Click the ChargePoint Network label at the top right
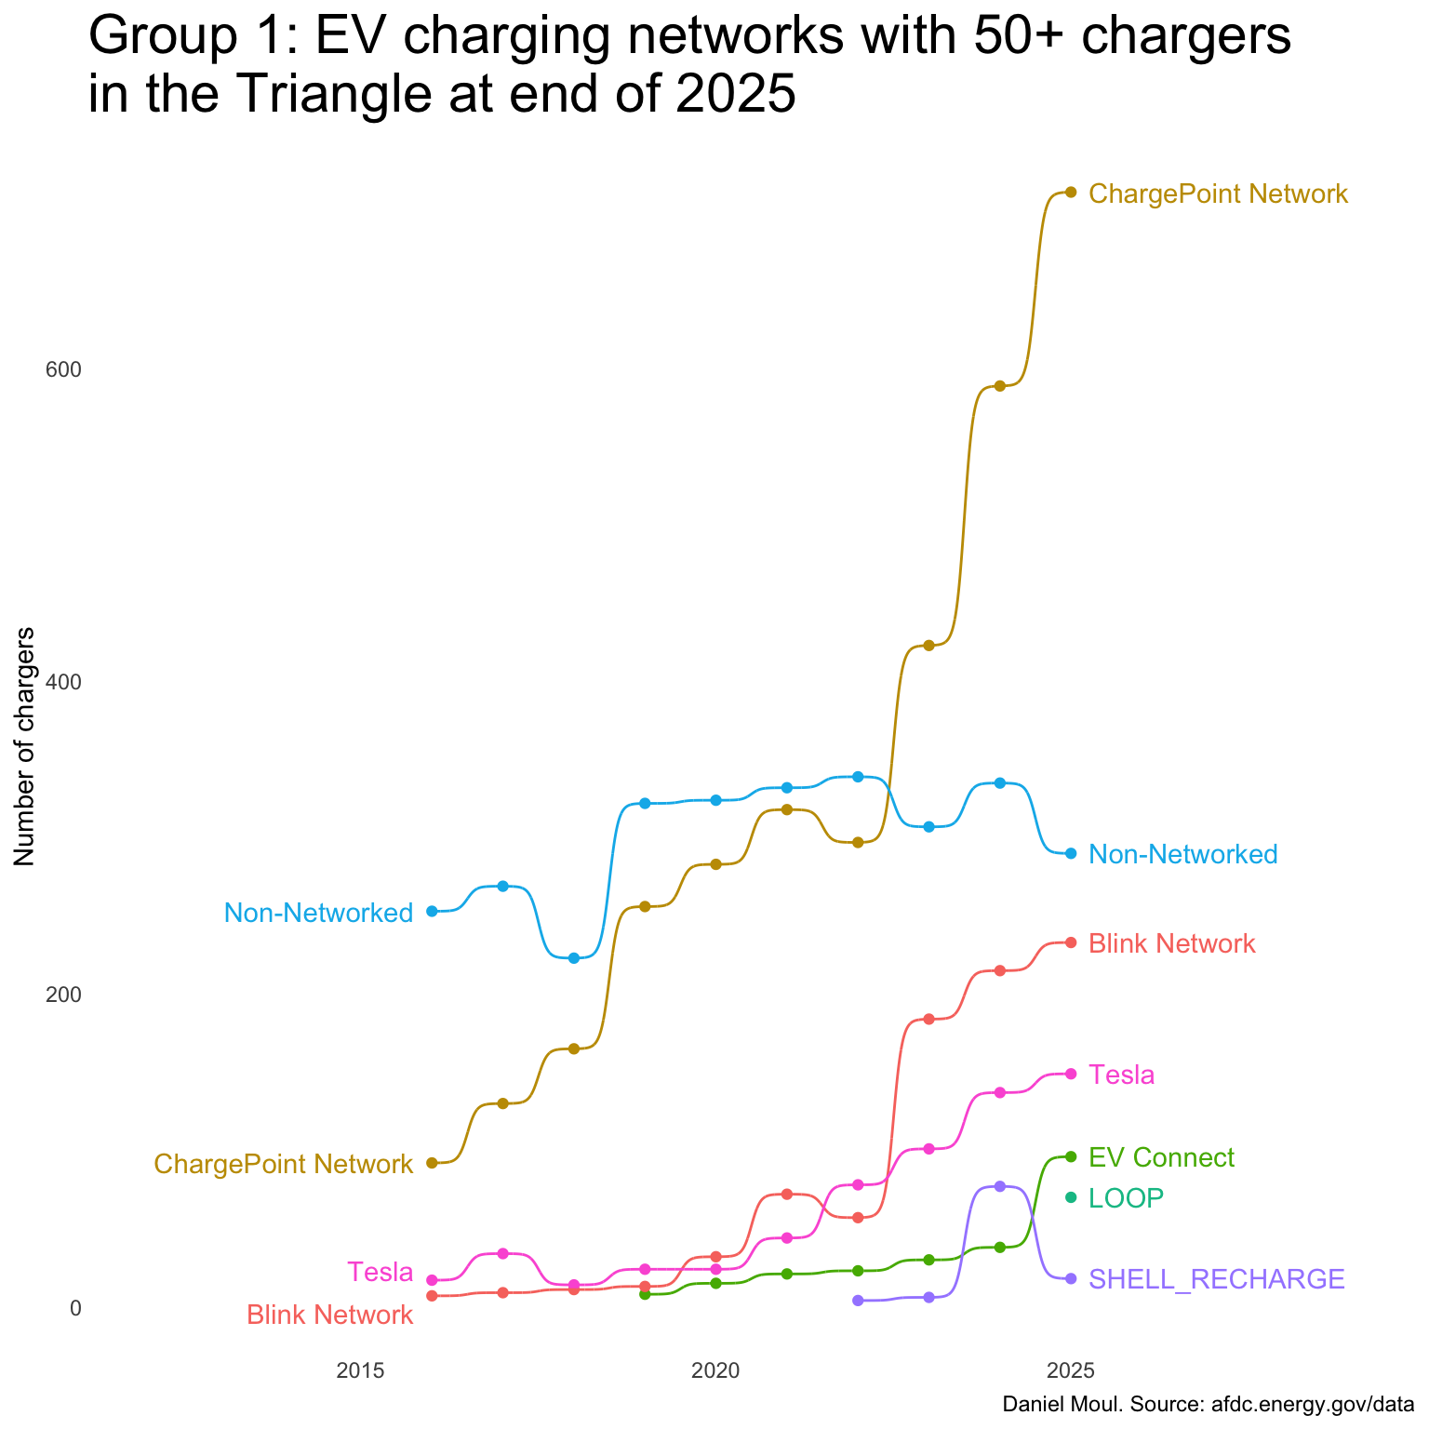(x=1217, y=194)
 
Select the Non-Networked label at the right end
(x=1182, y=854)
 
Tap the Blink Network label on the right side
(x=1171, y=944)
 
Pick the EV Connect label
(x=1161, y=1158)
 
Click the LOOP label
(x=1126, y=1198)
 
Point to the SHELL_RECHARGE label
(x=1216, y=1280)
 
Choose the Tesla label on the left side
(x=380, y=1272)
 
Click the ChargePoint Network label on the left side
(x=283, y=1164)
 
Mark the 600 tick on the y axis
(x=64, y=370)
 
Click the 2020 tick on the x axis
(x=715, y=1370)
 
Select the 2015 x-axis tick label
(x=360, y=1370)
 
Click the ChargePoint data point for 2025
(x=1071, y=193)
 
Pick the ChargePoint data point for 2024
(x=1000, y=386)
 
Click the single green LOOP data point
(x=1071, y=1197)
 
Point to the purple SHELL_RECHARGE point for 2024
(x=1000, y=1186)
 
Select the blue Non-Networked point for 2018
(x=574, y=958)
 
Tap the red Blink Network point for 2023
(x=928, y=1020)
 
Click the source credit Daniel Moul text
(x=1208, y=1404)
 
